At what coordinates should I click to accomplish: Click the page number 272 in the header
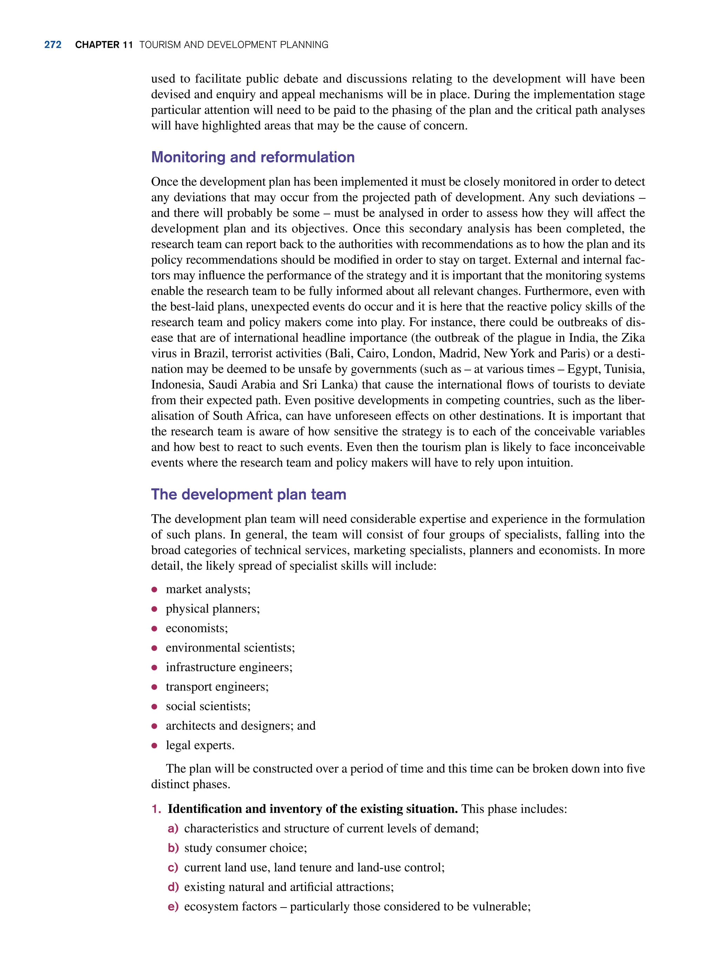pyautogui.click(x=53, y=45)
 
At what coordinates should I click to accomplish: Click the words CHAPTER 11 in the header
pyautogui.click(x=104, y=45)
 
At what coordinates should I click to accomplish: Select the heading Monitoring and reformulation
pyautogui.click(x=252, y=157)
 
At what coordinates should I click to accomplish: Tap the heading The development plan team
pyautogui.click(x=249, y=494)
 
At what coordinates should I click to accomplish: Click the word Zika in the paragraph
pyautogui.click(x=633, y=338)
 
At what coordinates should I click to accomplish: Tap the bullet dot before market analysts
pyautogui.click(x=154, y=590)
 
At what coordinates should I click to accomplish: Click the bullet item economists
pyautogui.click(x=197, y=628)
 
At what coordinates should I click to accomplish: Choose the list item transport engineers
pyautogui.click(x=217, y=687)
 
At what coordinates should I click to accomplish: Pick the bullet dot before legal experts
pyautogui.click(x=154, y=746)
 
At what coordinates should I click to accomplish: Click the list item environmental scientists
pyautogui.click(x=230, y=648)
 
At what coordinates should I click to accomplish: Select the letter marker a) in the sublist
pyautogui.click(x=173, y=829)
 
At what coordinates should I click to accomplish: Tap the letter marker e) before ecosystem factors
pyautogui.click(x=173, y=906)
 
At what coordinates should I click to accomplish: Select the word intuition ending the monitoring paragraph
pyautogui.click(x=549, y=463)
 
